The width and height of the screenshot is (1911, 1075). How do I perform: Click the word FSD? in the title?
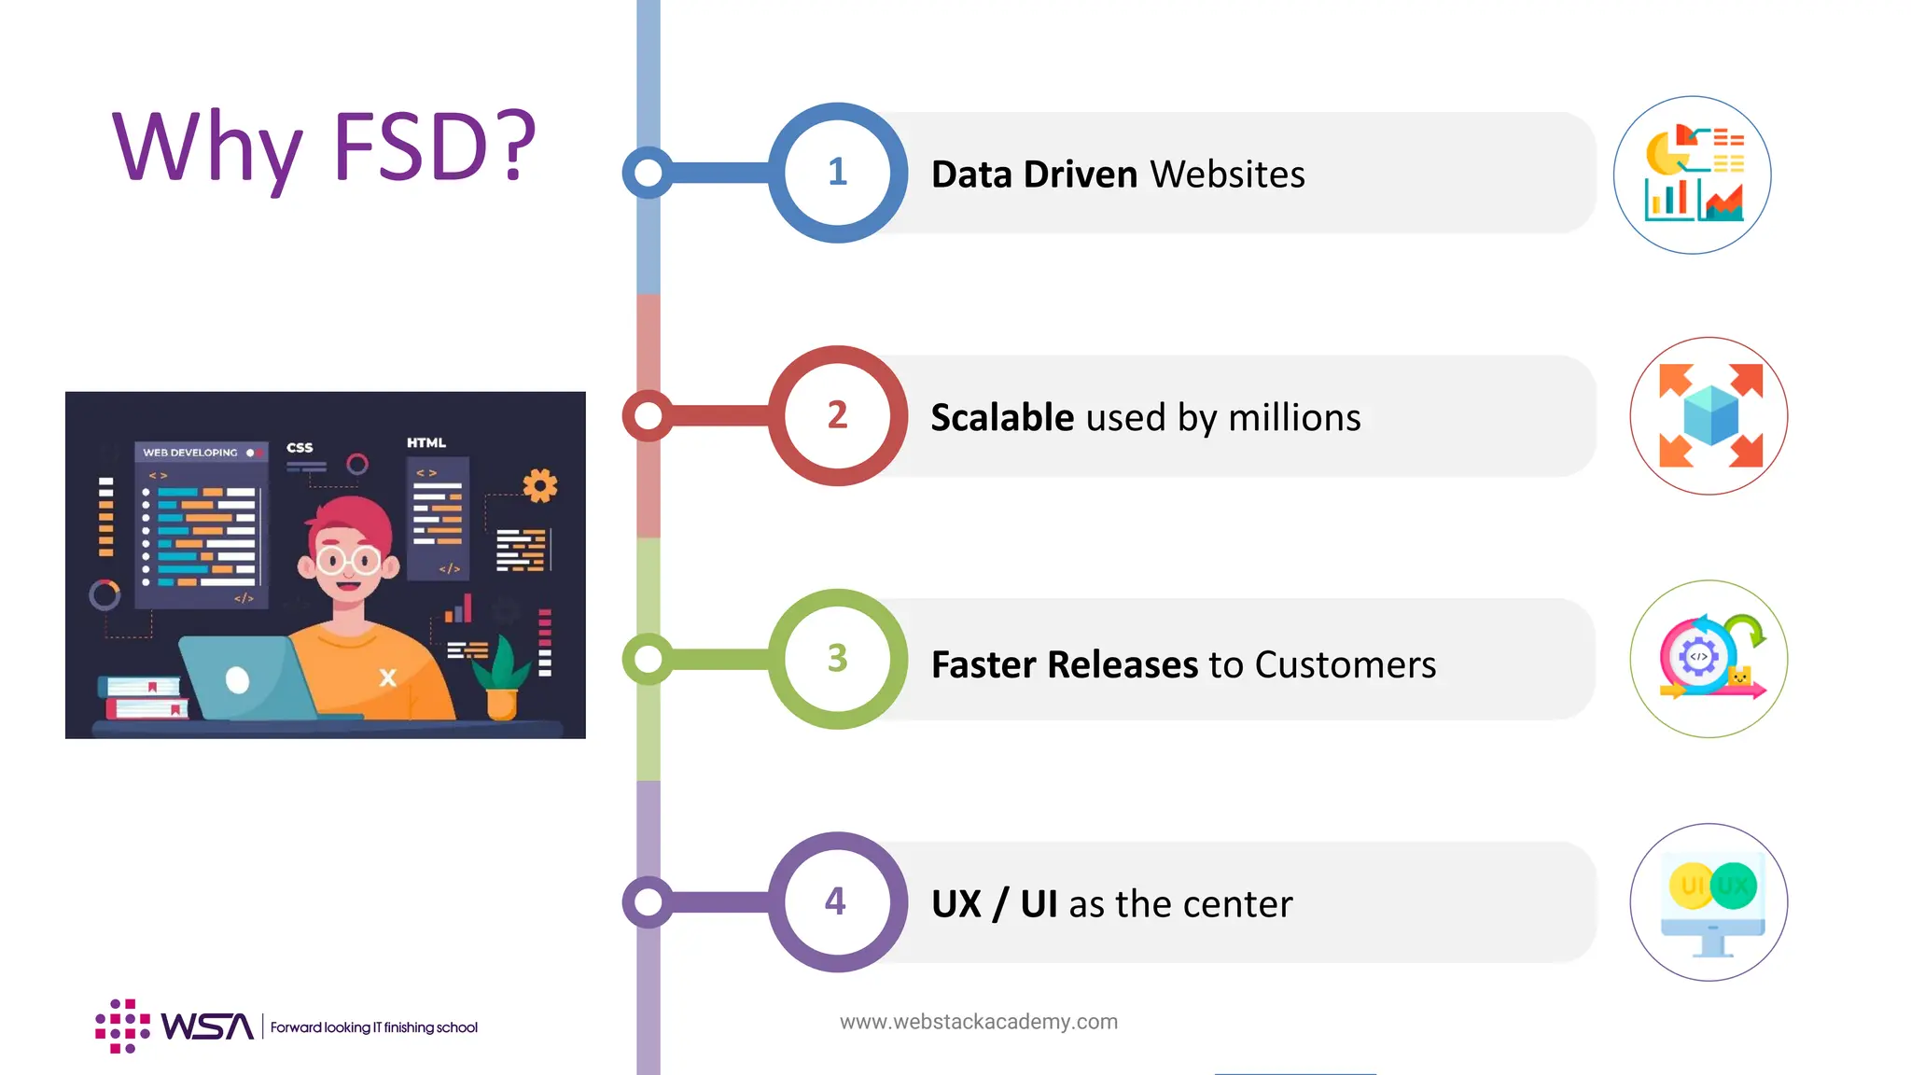[x=434, y=147]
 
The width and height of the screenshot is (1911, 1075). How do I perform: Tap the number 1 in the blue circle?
[x=837, y=172]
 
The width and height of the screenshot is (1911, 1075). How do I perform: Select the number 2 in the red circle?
[x=837, y=415]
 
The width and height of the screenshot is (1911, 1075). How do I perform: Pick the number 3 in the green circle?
[x=837, y=659]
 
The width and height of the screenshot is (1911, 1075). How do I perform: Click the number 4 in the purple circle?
[x=835, y=901]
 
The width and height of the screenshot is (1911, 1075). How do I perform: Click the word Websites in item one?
[x=1227, y=175]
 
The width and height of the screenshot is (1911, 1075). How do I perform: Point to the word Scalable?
[x=1002, y=418]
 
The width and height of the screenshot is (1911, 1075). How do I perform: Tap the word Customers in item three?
[x=1345, y=664]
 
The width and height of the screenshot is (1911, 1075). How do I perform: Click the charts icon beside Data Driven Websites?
[x=1692, y=175]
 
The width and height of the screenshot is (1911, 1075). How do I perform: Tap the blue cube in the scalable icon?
[x=1710, y=416]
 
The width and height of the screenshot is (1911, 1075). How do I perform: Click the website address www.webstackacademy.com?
[x=978, y=1022]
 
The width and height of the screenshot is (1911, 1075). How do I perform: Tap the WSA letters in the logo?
[x=207, y=1026]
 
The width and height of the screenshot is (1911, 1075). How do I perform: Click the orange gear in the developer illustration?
[x=539, y=485]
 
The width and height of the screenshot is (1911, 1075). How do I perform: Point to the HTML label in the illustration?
[x=426, y=442]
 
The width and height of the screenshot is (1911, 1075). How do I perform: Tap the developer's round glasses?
[x=348, y=561]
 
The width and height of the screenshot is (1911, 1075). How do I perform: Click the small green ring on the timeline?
[x=648, y=659]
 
